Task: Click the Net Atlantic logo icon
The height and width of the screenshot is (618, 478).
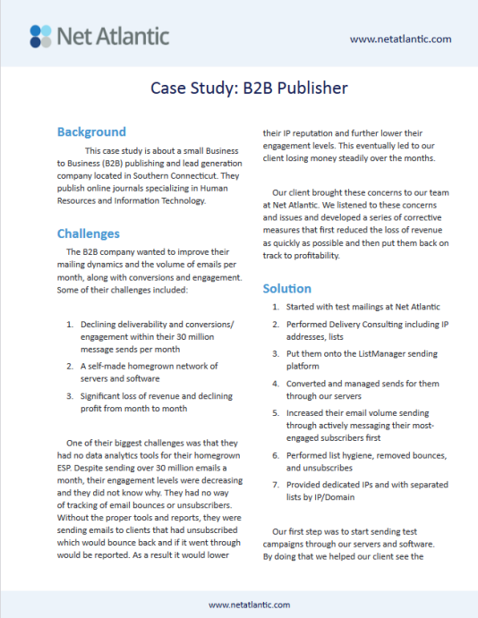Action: [x=39, y=36]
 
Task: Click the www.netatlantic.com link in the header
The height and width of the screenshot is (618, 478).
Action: [x=400, y=38]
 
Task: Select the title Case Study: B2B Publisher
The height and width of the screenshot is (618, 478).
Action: [x=238, y=89]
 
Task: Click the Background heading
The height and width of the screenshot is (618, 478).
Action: [x=91, y=131]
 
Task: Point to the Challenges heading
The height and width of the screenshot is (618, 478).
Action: [x=88, y=233]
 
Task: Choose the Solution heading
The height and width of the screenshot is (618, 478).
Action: [x=286, y=288]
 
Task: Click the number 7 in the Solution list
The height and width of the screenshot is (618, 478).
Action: [x=277, y=484]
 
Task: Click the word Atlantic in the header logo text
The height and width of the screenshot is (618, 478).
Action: [x=139, y=37]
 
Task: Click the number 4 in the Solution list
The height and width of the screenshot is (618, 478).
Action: [x=277, y=384]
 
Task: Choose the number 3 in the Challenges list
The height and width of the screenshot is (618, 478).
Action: [x=69, y=395]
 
